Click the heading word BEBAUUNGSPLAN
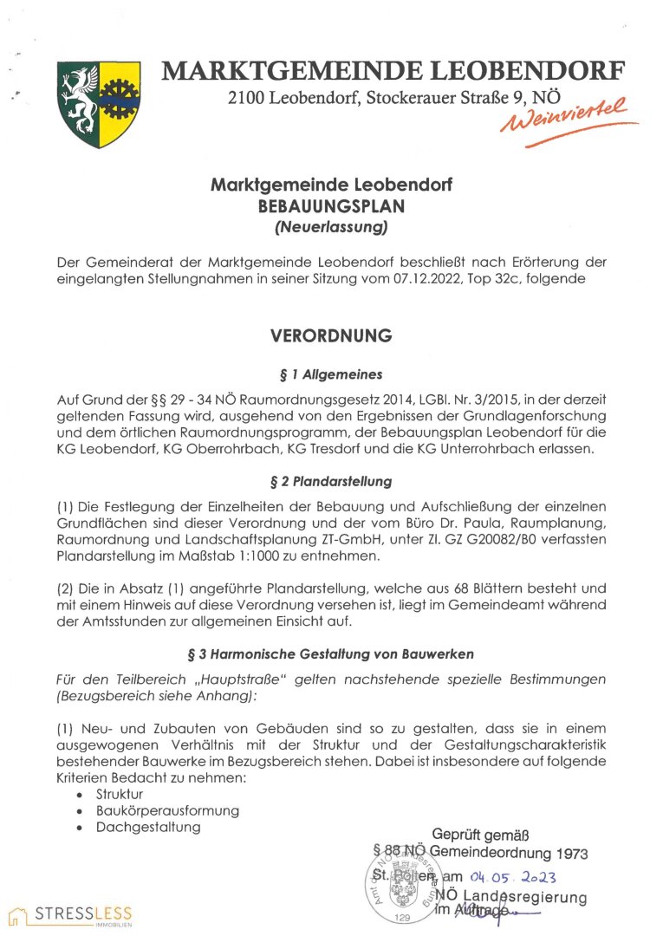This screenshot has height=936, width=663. tap(332, 207)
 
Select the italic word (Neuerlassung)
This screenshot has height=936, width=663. tap(332, 229)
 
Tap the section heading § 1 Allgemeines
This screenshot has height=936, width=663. tap(331, 374)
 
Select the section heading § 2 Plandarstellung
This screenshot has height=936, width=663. tap(331, 480)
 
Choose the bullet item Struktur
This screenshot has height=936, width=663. tap(120, 793)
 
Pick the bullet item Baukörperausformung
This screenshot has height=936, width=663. tap(167, 810)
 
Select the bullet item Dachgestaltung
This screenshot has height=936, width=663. tap(148, 827)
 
